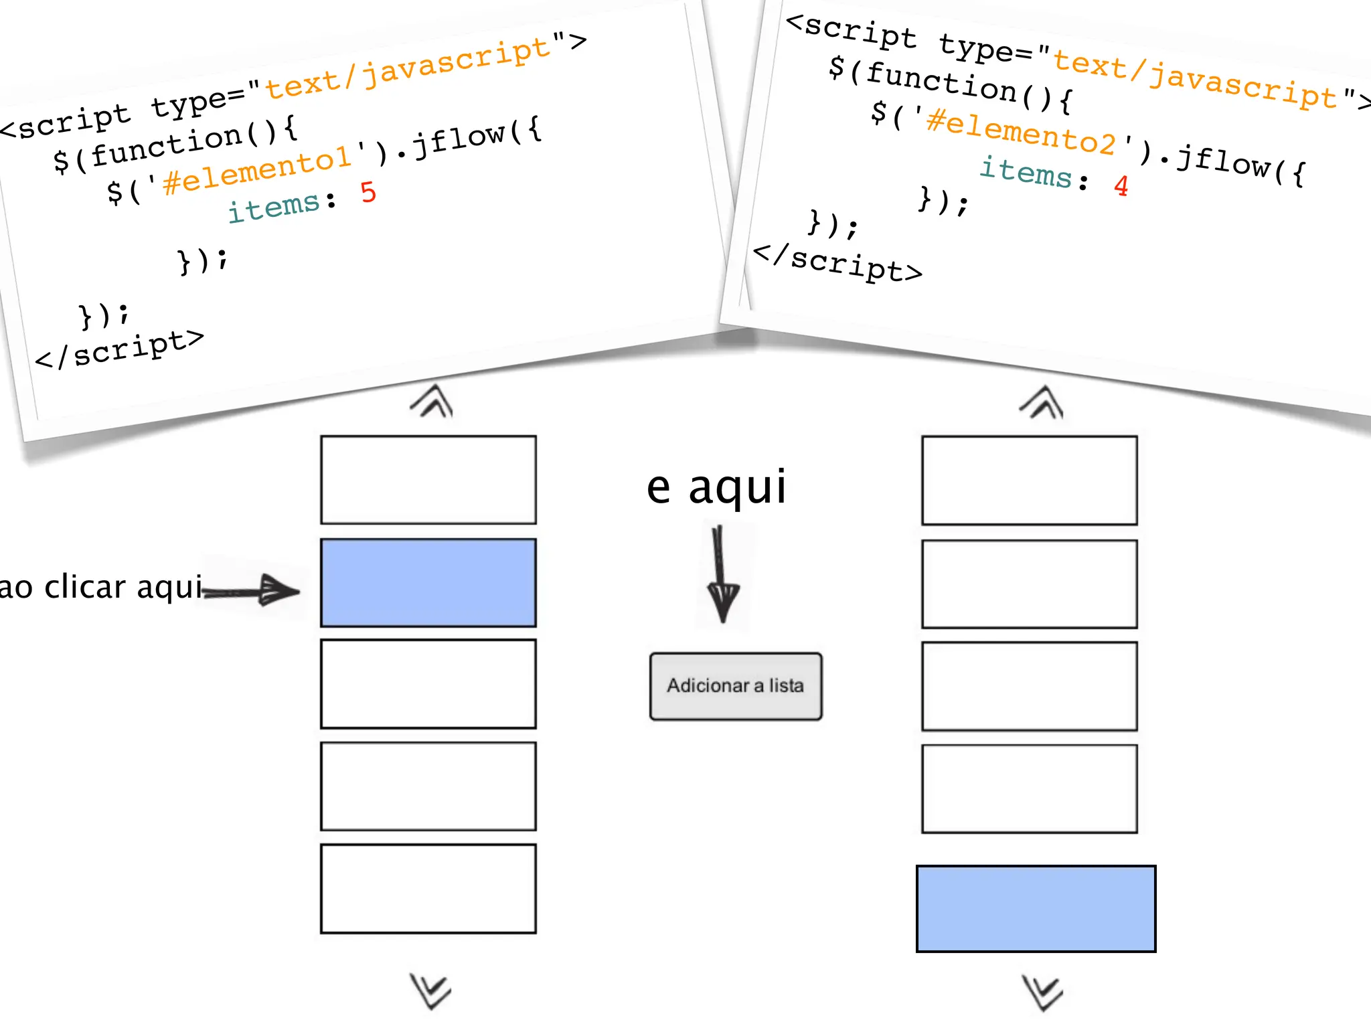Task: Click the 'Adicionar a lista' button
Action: tap(735, 686)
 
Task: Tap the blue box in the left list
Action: tap(428, 582)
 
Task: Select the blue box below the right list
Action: tap(1036, 908)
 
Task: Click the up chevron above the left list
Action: tap(432, 401)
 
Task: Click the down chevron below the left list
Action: tap(430, 991)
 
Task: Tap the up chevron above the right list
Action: tap(1042, 402)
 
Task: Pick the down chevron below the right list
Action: tap(1042, 993)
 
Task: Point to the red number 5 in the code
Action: tap(368, 192)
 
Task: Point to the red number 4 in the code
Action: tap(1121, 185)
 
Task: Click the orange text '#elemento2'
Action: tap(1021, 131)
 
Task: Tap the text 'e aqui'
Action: tap(716, 487)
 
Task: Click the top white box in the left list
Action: tap(428, 479)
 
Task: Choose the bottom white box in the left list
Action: tap(428, 888)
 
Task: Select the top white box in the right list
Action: tap(1029, 480)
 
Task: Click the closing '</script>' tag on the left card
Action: tap(119, 349)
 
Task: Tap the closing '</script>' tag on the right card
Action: tap(837, 262)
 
